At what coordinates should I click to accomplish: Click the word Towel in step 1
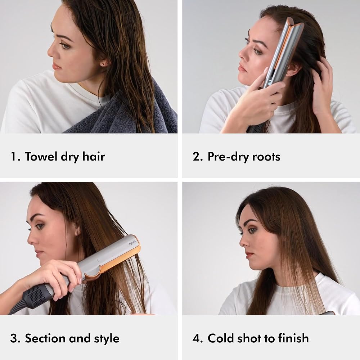[x=41, y=156]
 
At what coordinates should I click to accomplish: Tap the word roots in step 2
[x=266, y=157]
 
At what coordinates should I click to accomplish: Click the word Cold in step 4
[x=221, y=338]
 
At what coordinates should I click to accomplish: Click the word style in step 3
[x=107, y=339]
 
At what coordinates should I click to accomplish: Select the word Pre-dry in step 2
[x=228, y=157]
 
